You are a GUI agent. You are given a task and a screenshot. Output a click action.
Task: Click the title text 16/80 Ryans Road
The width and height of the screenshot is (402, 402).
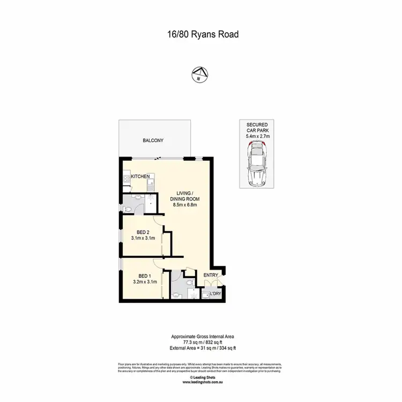200,34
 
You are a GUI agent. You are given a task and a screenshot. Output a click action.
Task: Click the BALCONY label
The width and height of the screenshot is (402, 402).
153,141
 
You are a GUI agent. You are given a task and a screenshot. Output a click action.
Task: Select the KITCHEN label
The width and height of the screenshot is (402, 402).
140,176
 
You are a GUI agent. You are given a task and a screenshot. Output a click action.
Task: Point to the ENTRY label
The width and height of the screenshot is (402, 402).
210,276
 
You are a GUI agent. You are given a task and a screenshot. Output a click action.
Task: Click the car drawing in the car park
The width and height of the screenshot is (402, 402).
257,167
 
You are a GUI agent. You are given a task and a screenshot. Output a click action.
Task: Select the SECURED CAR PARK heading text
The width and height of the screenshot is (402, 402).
257,128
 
